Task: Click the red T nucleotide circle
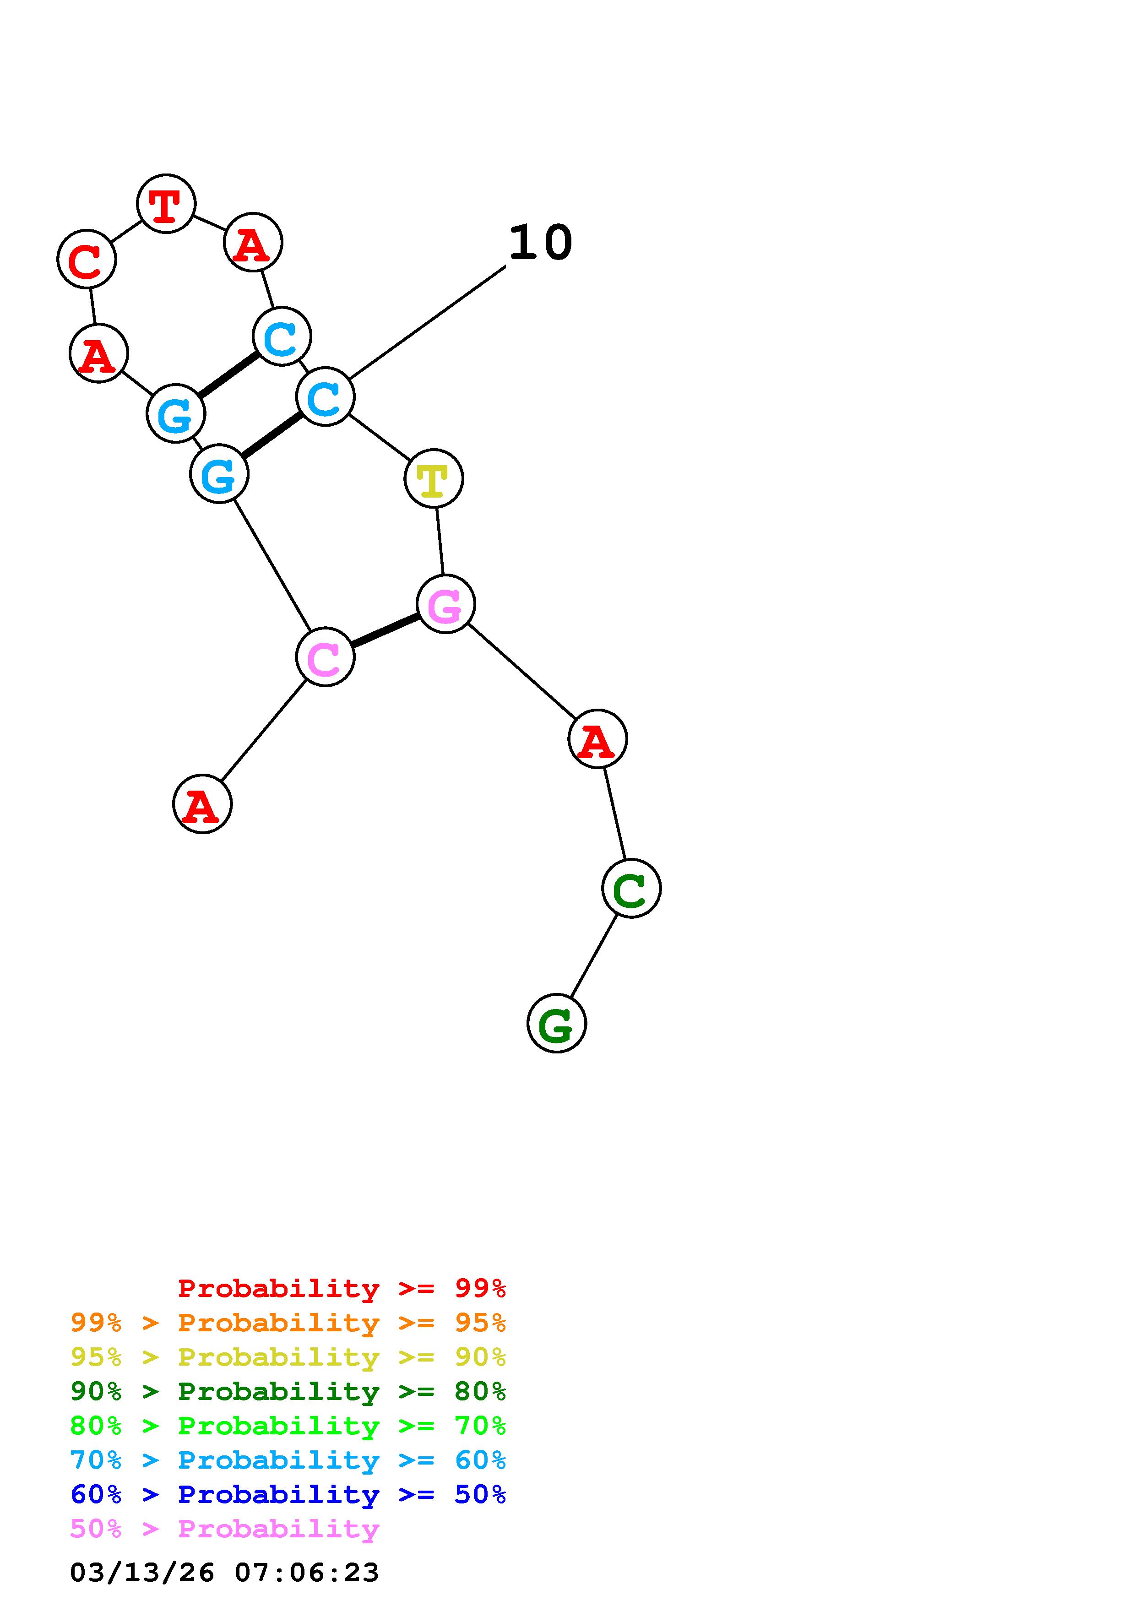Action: pyautogui.click(x=166, y=204)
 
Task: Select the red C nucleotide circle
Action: pyautogui.click(x=86, y=259)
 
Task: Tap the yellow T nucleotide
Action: pyautogui.click(x=434, y=478)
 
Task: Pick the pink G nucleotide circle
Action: pyautogui.click(x=445, y=604)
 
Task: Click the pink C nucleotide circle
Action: pyautogui.click(x=325, y=657)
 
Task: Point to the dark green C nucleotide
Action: pyautogui.click(x=631, y=888)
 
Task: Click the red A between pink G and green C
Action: pyautogui.click(x=597, y=738)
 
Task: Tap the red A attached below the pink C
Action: pyautogui.click(x=202, y=804)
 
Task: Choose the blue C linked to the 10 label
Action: pyautogui.click(x=325, y=396)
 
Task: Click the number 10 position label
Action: pyautogui.click(x=540, y=244)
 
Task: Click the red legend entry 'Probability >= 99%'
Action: pyautogui.click(x=341, y=1288)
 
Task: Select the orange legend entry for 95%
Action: pyautogui.click(x=288, y=1323)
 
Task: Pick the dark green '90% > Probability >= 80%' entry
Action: pyautogui.click(x=288, y=1391)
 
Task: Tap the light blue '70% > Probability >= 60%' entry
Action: pyautogui.click(x=288, y=1460)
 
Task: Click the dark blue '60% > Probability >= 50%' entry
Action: pyautogui.click(x=288, y=1494)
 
